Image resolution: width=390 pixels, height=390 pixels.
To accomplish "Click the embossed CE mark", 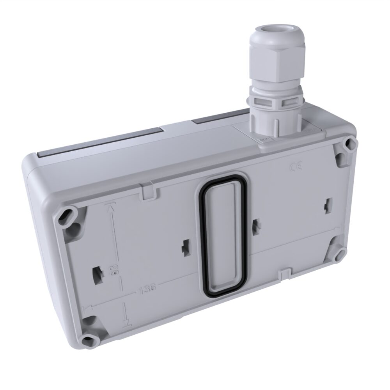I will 295,168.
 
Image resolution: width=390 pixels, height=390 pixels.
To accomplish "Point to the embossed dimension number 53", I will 116,269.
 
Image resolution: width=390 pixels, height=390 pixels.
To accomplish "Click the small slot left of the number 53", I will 97,272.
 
